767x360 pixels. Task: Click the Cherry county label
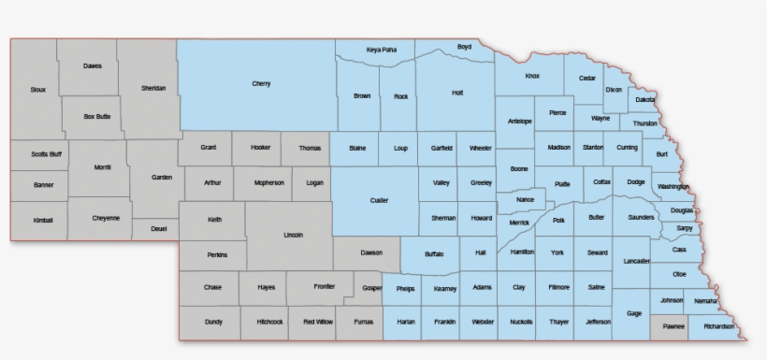(261, 84)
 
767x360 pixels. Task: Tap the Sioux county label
(37, 90)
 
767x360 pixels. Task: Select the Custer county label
(379, 200)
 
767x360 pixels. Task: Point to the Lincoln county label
(293, 236)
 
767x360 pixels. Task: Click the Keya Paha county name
(381, 49)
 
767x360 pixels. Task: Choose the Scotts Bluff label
(38, 154)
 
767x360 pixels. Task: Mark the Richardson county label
(719, 327)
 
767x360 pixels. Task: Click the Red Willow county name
(317, 322)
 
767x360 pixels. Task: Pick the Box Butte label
(96, 117)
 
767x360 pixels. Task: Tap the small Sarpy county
(685, 228)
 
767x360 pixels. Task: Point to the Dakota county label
(644, 99)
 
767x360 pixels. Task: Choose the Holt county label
(457, 93)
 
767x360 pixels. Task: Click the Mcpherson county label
(268, 183)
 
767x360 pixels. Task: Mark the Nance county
(525, 199)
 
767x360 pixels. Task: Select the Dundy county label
(213, 322)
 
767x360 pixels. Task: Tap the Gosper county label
(372, 288)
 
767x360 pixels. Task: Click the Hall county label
(480, 252)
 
